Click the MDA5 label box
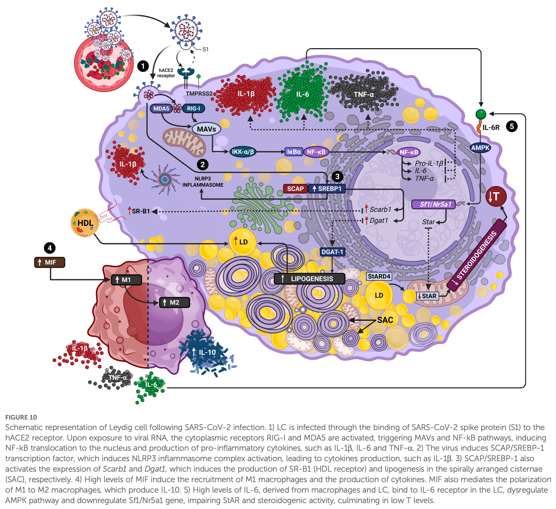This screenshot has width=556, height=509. click(x=161, y=108)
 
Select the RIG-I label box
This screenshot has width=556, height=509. click(x=194, y=108)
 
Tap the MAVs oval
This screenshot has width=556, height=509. click(x=206, y=129)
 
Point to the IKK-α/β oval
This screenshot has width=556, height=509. click(x=243, y=152)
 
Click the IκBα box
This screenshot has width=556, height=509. click(x=293, y=152)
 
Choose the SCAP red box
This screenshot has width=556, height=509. click(x=295, y=189)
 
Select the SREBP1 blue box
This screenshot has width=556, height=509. click(x=326, y=189)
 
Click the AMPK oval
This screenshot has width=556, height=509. click(x=480, y=148)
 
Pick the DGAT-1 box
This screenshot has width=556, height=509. click(x=332, y=252)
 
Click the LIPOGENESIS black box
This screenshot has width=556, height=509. click(x=309, y=279)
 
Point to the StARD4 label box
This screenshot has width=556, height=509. click(x=379, y=276)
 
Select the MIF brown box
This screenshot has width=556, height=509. click(x=50, y=262)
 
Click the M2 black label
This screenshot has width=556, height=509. click(x=174, y=302)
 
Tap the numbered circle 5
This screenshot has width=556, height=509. click(x=511, y=126)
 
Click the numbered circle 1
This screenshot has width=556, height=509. click(x=143, y=66)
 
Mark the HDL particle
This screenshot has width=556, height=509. click(x=85, y=223)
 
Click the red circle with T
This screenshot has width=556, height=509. click(x=496, y=196)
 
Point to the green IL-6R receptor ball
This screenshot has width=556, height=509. click(x=481, y=114)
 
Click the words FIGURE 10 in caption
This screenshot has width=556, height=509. click(x=21, y=417)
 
